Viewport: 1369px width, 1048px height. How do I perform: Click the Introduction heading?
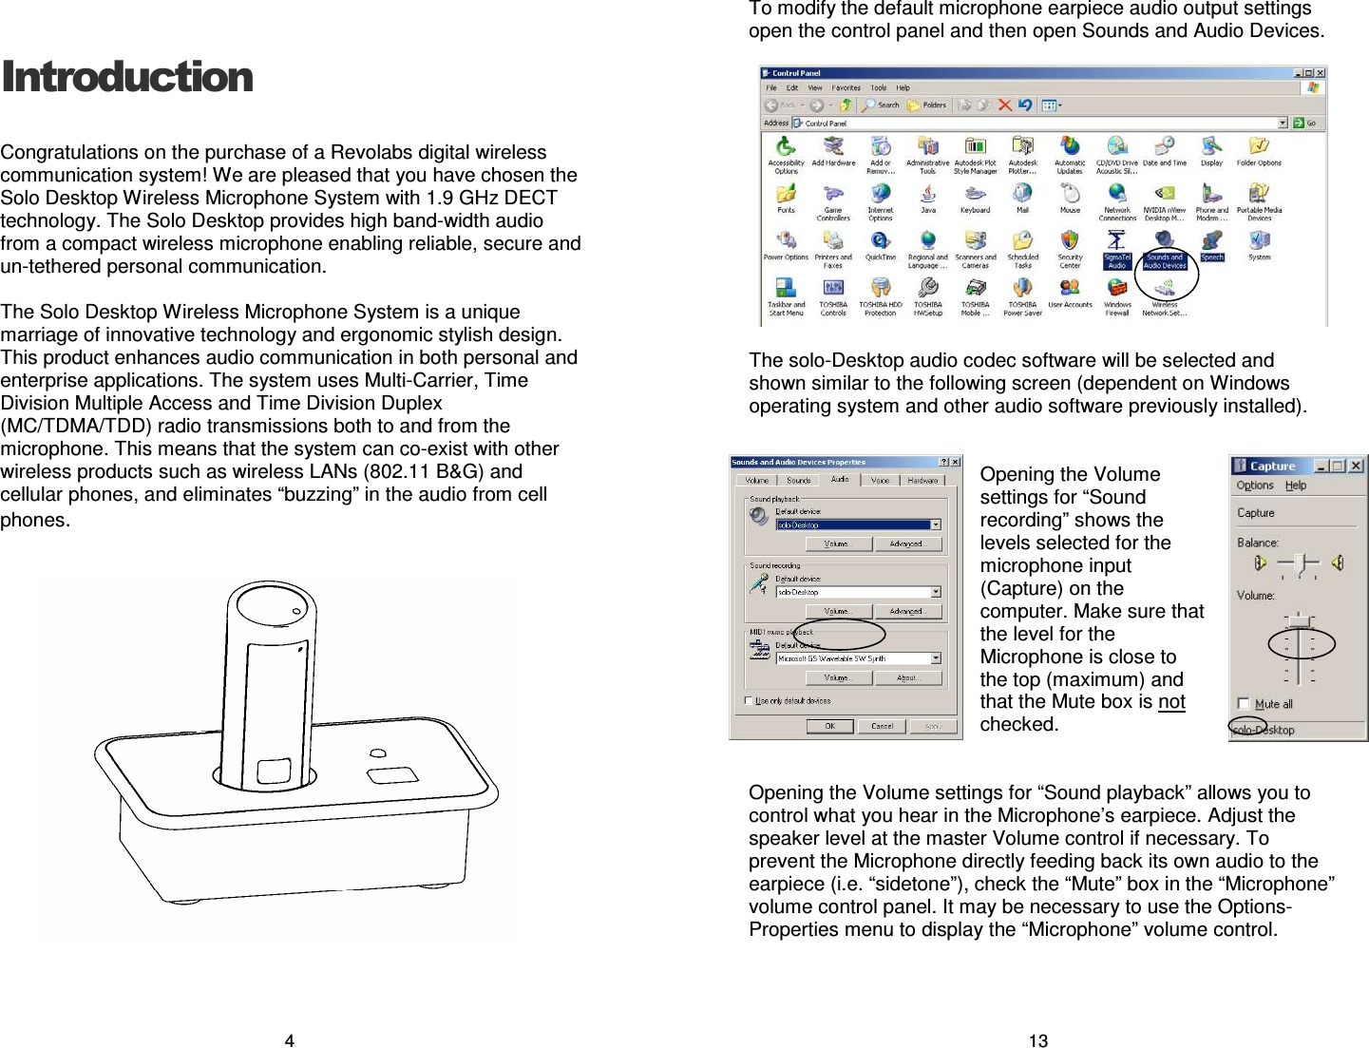(x=127, y=77)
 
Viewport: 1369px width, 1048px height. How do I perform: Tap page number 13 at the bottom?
(x=1038, y=1040)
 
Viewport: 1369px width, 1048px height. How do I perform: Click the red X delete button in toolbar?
(x=1004, y=105)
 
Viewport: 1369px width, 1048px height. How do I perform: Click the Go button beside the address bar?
(x=1309, y=123)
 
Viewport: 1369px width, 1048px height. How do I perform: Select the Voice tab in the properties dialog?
(x=881, y=480)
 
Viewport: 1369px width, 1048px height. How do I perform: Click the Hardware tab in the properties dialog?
(x=922, y=480)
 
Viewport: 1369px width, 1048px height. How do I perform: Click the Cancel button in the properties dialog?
(x=882, y=726)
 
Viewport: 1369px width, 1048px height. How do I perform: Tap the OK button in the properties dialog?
(x=829, y=726)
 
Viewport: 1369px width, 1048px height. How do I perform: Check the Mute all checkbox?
(x=1244, y=703)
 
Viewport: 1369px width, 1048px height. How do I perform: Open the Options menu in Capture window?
(x=1254, y=486)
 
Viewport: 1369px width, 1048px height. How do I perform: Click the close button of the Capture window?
(x=1357, y=466)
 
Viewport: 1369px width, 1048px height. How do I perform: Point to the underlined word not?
(x=1171, y=702)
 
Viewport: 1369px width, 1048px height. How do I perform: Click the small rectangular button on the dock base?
(x=392, y=775)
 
